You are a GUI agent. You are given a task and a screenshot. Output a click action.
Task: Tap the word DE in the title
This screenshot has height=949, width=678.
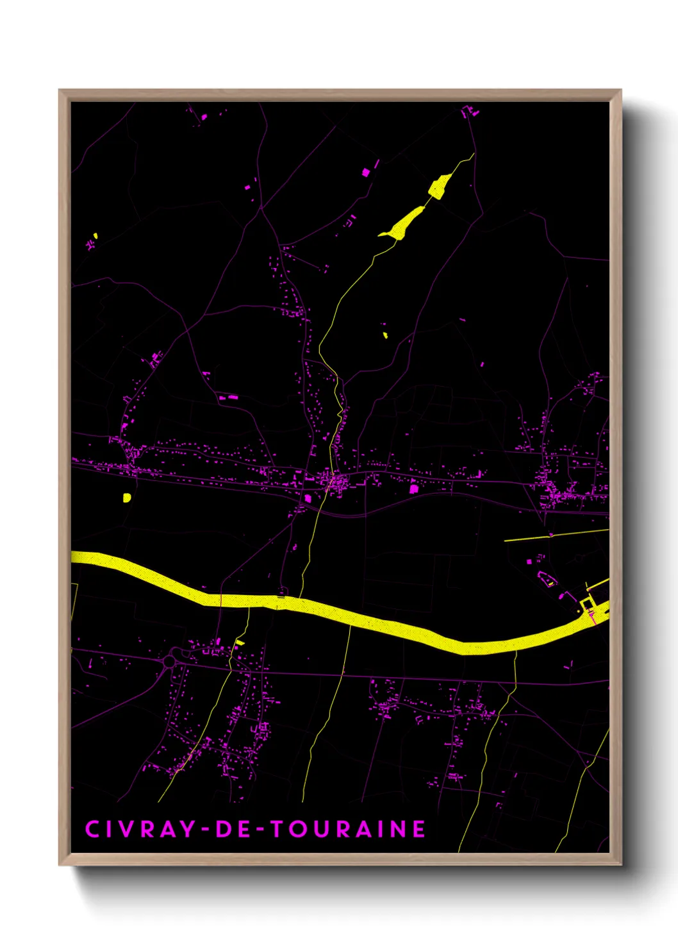[229, 829]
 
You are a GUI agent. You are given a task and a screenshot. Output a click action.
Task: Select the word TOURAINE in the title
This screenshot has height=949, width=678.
[347, 829]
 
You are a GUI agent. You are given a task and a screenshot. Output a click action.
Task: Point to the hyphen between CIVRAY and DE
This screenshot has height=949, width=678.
[205, 830]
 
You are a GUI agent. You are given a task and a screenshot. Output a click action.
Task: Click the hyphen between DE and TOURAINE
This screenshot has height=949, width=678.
[255, 830]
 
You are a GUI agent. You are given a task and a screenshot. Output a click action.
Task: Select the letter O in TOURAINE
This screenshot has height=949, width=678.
[298, 829]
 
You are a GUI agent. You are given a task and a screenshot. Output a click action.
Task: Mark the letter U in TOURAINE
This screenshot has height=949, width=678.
[321, 829]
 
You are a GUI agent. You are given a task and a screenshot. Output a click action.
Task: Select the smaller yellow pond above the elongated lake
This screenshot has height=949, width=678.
[438, 187]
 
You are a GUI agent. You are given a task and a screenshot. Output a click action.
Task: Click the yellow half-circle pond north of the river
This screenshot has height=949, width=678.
[127, 497]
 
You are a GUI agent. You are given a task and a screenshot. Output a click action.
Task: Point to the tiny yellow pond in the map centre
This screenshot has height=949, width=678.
[385, 334]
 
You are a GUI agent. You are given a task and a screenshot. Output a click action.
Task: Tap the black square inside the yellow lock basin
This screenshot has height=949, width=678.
[587, 605]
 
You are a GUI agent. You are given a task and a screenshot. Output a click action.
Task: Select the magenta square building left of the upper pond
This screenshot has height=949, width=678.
[366, 172]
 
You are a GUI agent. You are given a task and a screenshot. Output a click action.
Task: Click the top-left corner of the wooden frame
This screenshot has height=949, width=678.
[60, 90]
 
